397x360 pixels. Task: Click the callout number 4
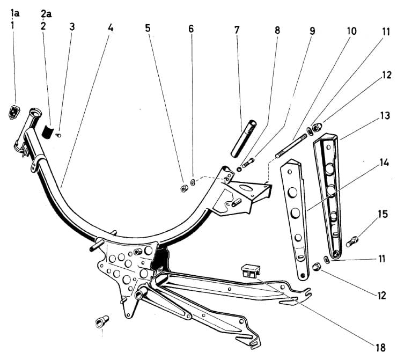click(111, 27)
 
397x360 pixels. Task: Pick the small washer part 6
click(194, 181)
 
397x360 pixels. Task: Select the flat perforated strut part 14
click(296, 215)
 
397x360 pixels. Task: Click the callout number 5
click(148, 28)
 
